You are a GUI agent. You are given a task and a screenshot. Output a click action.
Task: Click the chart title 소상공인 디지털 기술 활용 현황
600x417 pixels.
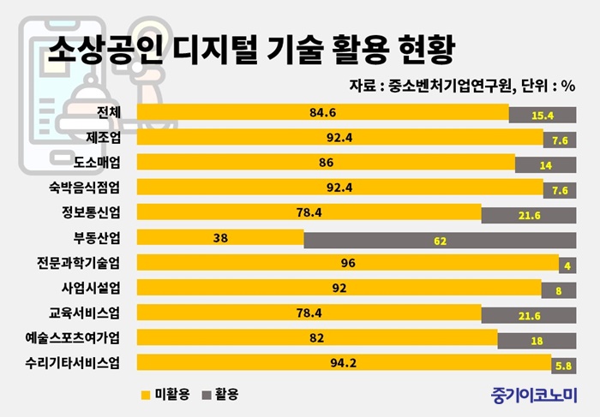tap(250, 45)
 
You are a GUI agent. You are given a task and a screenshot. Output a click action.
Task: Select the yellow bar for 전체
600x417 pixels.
tap(322, 113)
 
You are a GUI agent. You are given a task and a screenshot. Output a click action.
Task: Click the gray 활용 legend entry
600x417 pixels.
tap(221, 394)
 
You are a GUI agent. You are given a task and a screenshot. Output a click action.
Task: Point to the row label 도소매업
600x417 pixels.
tap(104, 163)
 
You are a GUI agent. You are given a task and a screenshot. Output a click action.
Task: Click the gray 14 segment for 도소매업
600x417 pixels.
tap(545, 164)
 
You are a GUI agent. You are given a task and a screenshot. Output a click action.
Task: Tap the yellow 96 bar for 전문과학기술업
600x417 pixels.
tap(348, 262)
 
